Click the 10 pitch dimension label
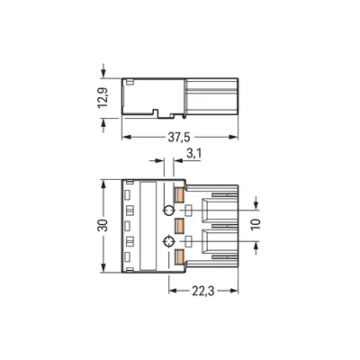256,225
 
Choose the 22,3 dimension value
203,292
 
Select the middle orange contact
179,224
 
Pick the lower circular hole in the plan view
167,242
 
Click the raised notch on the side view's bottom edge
158,113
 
